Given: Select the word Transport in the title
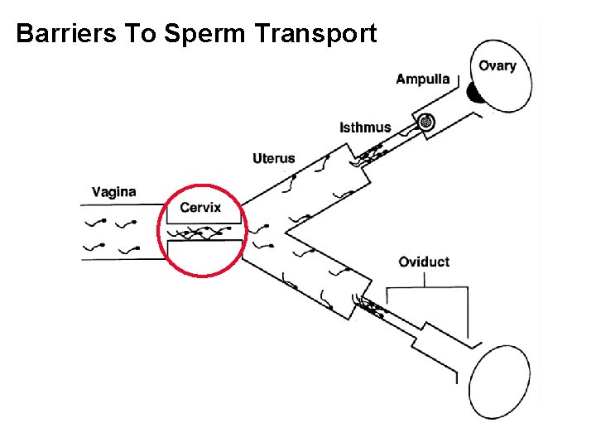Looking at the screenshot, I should coord(317,34).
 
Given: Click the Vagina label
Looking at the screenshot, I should coord(114,192).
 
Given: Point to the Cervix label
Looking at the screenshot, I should coord(200,207).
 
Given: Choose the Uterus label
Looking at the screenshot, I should coord(273,158).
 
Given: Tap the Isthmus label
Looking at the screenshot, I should coord(365,127).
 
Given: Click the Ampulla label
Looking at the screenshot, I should coord(422,79).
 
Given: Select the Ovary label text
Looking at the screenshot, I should coord(497,66).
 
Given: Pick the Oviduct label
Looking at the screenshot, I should coord(424,262).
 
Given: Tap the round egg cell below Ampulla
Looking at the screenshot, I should coord(427,123).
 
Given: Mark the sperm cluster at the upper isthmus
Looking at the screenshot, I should coord(369,153).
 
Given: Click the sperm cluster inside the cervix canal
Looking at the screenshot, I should coord(202,233).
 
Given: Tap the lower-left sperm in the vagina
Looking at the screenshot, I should coord(98,246).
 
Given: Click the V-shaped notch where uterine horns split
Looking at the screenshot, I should coord(289,228).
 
